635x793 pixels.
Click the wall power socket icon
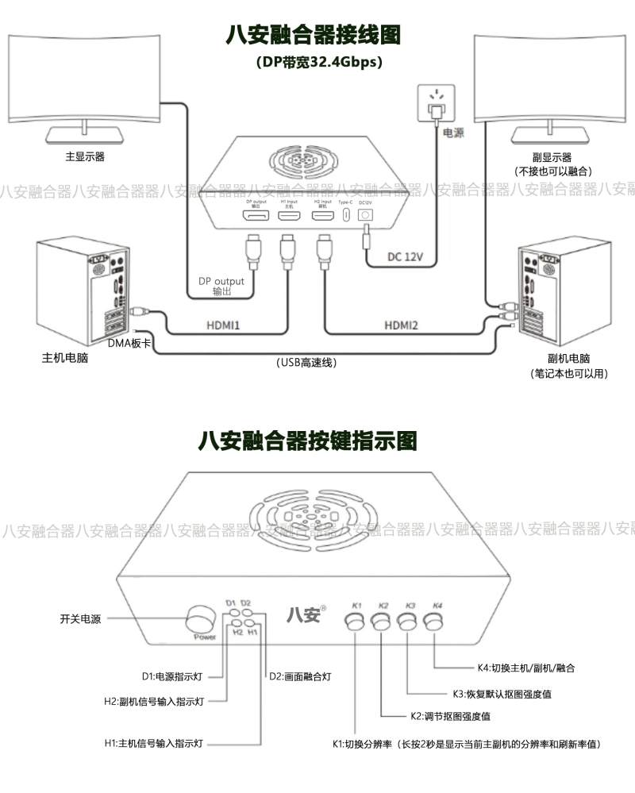tap(434, 102)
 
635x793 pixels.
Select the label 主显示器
tap(85, 156)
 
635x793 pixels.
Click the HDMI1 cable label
tap(223, 325)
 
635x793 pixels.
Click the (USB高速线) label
tap(307, 363)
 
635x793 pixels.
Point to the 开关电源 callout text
tap(81, 618)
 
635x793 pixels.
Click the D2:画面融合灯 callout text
tap(299, 676)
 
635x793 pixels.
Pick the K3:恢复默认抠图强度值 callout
tap(502, 694)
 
